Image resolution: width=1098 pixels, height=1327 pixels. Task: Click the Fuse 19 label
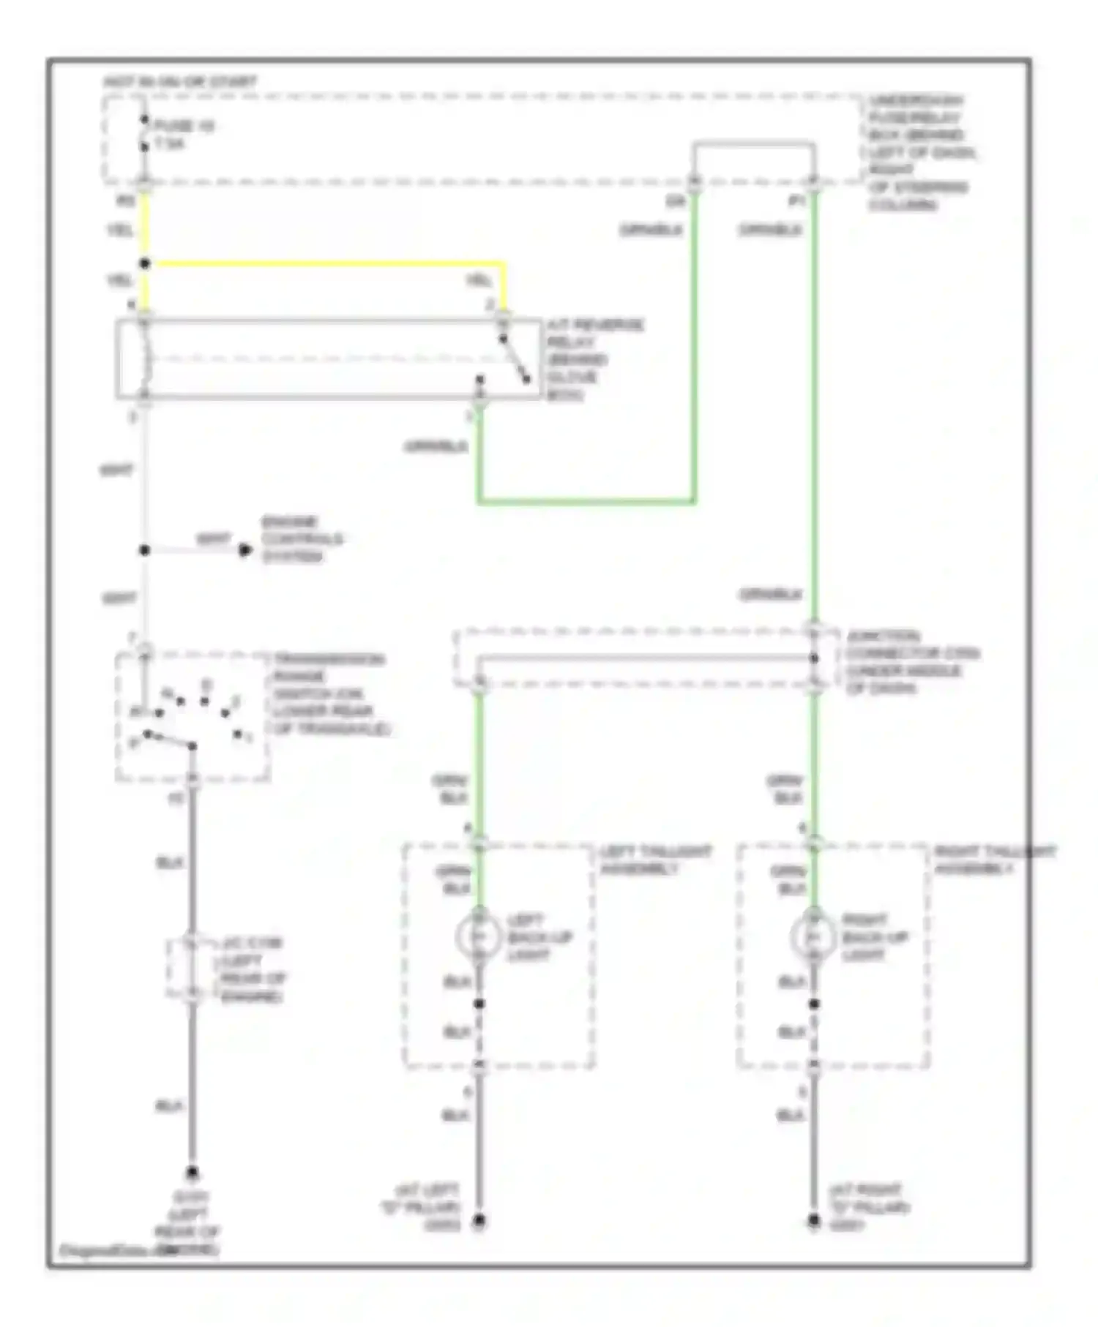183,127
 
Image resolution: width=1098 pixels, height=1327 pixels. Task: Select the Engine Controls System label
302,539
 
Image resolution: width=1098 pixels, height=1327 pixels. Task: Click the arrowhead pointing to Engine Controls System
245,549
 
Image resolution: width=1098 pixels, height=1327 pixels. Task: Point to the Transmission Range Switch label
329,693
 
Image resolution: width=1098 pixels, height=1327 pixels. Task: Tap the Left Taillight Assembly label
654,860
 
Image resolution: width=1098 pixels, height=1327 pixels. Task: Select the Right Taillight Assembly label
994,860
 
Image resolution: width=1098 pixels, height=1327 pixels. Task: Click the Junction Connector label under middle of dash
911,661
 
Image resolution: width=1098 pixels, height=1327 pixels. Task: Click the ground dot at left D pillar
479,1221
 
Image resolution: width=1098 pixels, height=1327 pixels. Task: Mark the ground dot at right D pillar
813,1221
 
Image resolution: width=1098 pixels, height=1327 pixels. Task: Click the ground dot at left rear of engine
192,1173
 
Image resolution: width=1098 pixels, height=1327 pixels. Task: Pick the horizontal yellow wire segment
329,263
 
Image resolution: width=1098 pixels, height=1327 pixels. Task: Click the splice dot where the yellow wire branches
145,263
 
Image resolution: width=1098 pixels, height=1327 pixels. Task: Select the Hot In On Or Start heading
180,81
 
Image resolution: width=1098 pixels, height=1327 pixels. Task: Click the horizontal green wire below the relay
586,502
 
